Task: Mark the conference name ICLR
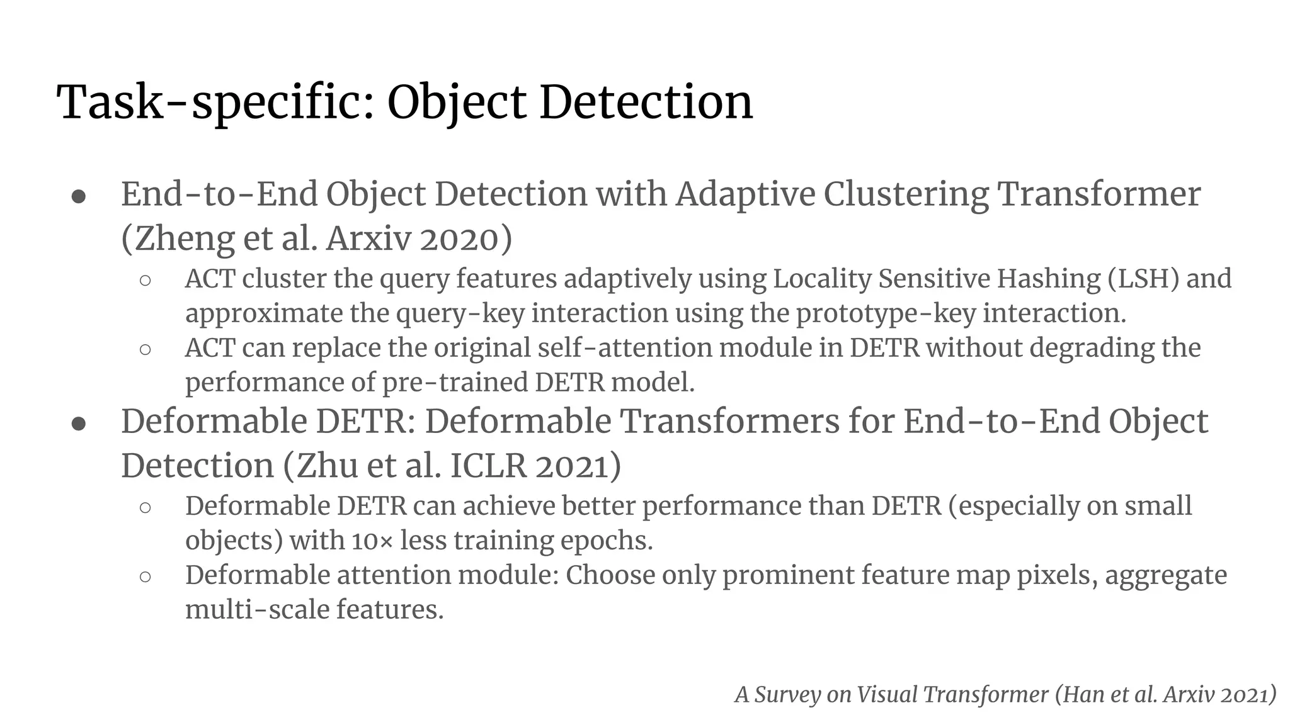click(x=488, y=466)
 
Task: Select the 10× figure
click(x=372, y=541)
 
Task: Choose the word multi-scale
click(x=257, y=610)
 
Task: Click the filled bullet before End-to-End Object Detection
click(x=79, y=196)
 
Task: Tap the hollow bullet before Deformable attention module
click(x=146, y=576)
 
